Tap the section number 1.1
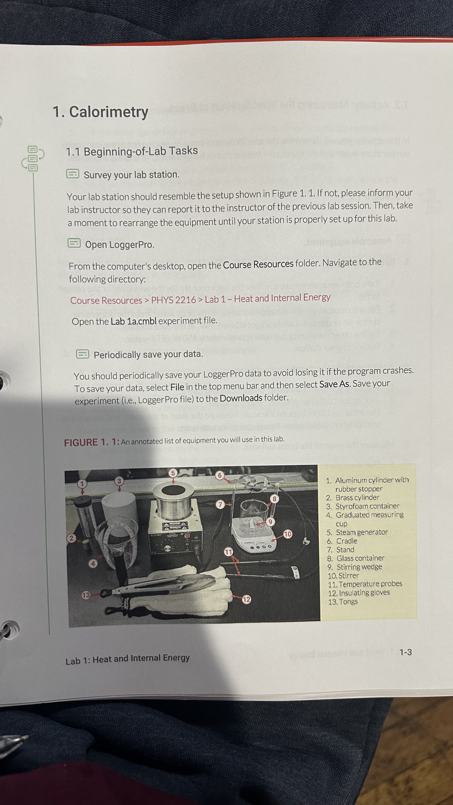click(x=73, y=152)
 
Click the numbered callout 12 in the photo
click(x=246, y=599)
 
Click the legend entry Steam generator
click(x=362, y=532)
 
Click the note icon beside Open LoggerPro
click(x=74, y=243)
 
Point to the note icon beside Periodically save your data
click(x=82, y=354)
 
